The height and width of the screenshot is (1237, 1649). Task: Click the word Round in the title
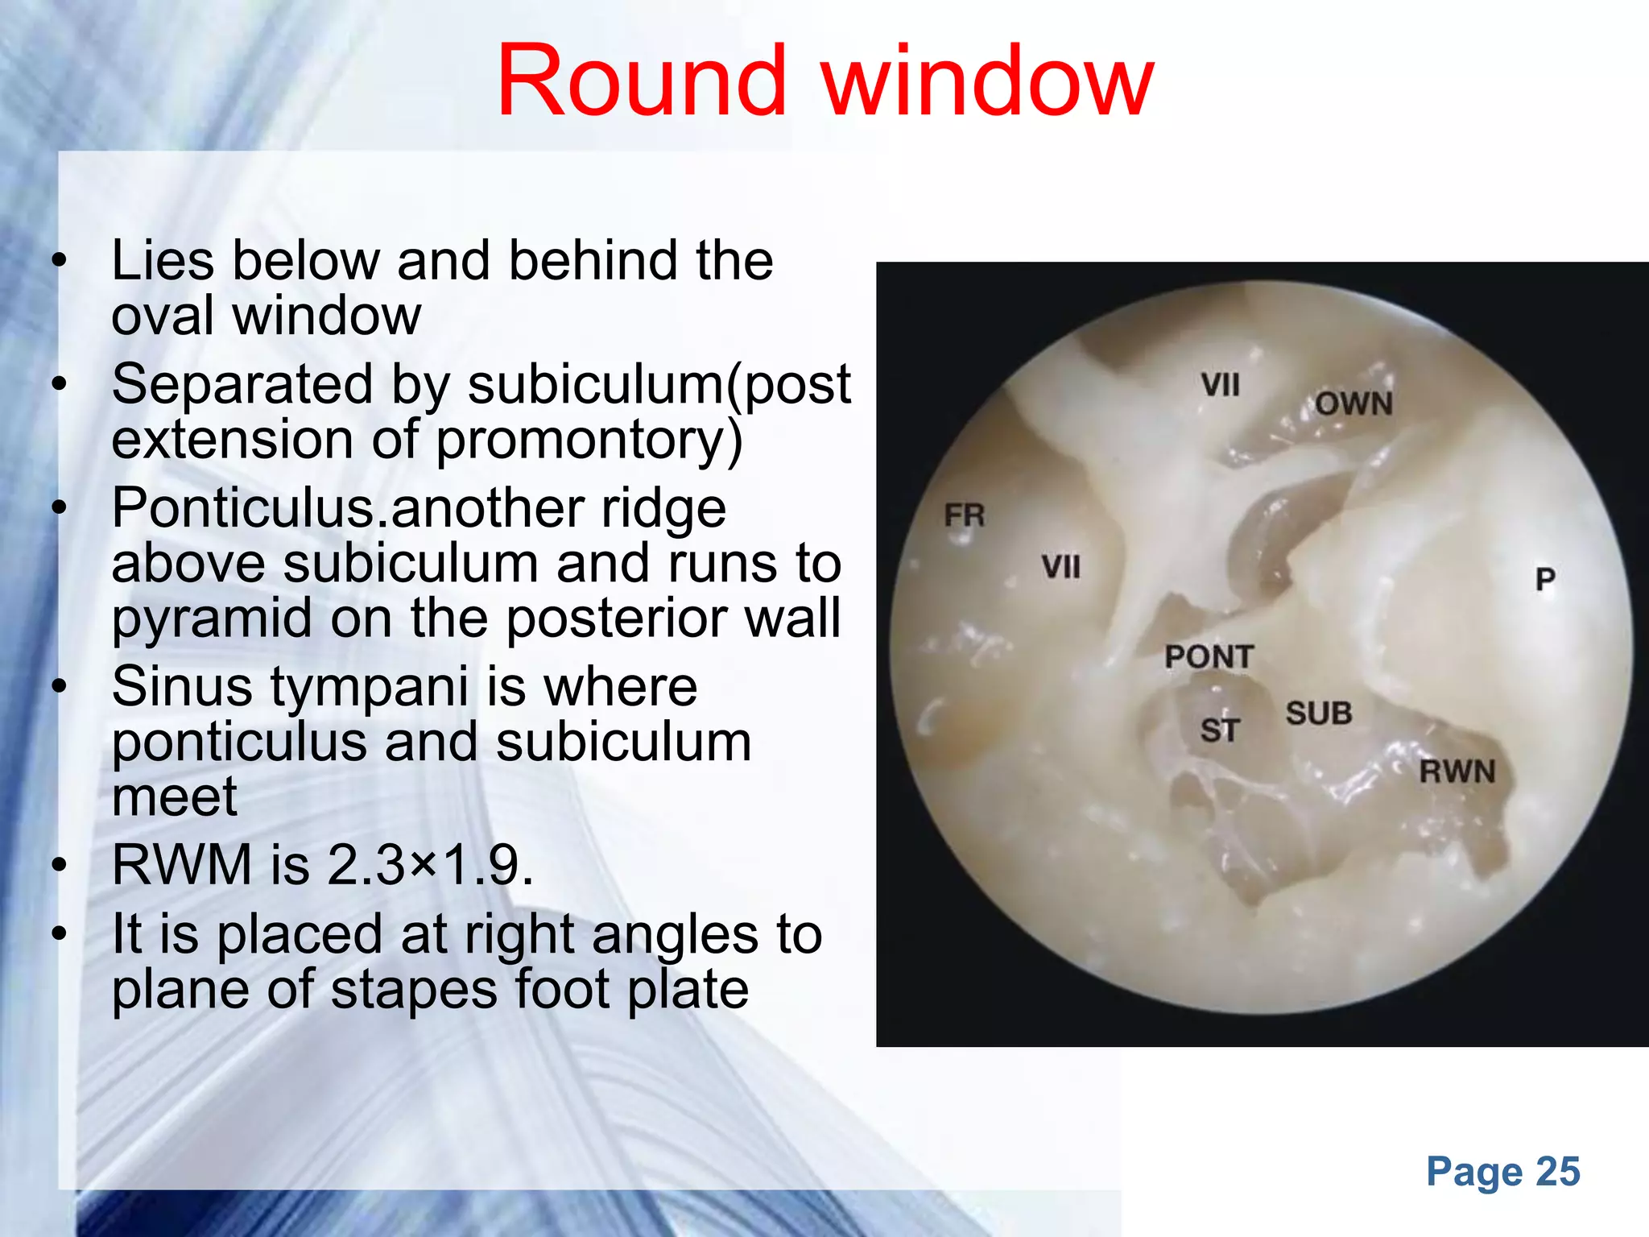pyautogui.click(x=641, y=82)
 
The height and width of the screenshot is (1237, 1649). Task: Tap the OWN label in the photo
pyautogui.click(x=1354, y=403)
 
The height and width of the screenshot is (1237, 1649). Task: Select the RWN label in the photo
pyautogui.click(x=1457, y=772)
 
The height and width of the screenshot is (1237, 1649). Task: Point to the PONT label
pyautogui.click(x=1209, y=657)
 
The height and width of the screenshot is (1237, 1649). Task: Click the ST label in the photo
pyautogui.click(x=1219, y=730)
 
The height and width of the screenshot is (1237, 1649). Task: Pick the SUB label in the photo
pyautogui.click(x=1318, y=714)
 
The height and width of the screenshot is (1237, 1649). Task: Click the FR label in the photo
pyautogui.click(x=964, y=515)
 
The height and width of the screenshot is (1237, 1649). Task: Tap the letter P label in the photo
pyautogui.click(x=1544, y=579)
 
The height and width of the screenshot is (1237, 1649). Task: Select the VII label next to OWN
pyautogui.click(x=1220, y=385)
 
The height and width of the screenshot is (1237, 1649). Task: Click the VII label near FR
pyautogui.click(x=1060, y=567)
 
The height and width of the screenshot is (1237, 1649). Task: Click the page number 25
pyautogui.click(x=1558, y=1171)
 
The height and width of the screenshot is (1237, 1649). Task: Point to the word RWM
pyautogui.click(x=182, y=866)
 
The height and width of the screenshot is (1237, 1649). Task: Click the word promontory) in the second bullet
pyautogui.click(x=588, y=441)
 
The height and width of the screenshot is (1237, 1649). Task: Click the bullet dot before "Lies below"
pyautogui.click(x=58, y=261)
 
